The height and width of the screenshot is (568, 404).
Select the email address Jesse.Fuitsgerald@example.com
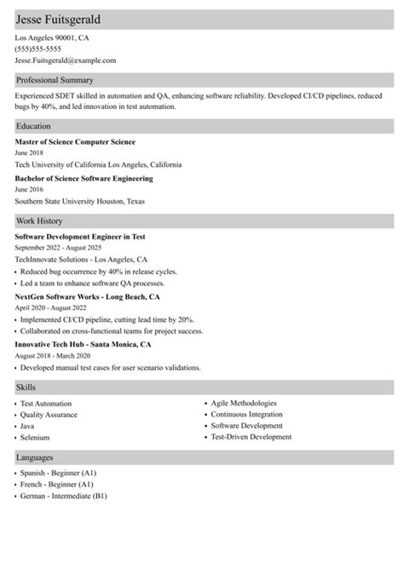click(66, 60)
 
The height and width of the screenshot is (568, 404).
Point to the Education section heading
click(34, 125)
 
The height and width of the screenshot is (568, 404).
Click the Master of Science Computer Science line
click(75, 141)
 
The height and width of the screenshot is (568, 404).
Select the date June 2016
click(31, 191)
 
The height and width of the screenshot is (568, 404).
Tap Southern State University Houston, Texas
click(80, 202)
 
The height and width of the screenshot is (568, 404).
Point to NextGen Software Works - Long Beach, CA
click(88, 297)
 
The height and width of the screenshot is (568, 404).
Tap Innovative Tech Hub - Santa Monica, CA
click(83, 344)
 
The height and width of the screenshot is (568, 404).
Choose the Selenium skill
click(34, 436)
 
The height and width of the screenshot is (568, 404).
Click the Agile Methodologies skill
click(244, 403)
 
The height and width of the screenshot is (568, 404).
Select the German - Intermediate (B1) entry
click(64, 495)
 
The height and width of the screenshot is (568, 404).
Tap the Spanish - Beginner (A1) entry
click(58, 473)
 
